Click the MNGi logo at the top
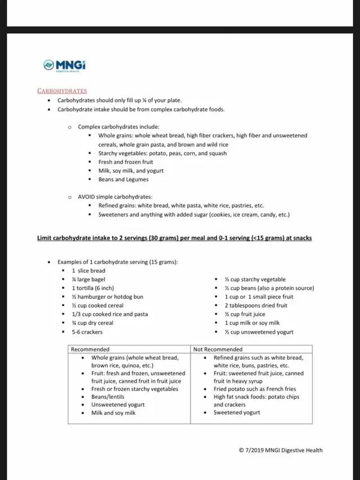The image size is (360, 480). coord(65,65)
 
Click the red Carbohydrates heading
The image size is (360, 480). coord(62,91)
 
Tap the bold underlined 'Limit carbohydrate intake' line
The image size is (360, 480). coord(174,238)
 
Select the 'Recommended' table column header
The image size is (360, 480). coord(90,349)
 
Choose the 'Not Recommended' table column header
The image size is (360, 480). coord(218,349)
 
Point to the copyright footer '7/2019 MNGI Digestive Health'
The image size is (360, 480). coord(281,450)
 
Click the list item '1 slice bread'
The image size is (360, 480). coord(88,271)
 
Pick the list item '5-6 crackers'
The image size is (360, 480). coord(87,332)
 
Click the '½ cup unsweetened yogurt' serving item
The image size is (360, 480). coord(259,332)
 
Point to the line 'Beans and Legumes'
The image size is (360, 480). coord(123,180)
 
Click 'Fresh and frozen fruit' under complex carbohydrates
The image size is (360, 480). coord(127,162)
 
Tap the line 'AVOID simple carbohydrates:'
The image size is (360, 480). coord(115,197)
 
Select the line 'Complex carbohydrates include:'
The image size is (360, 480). coord(119,127)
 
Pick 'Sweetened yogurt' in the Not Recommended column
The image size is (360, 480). coord(237,412)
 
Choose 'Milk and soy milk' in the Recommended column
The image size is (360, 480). coord(114,412)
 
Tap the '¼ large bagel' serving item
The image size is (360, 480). coord(89,280)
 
